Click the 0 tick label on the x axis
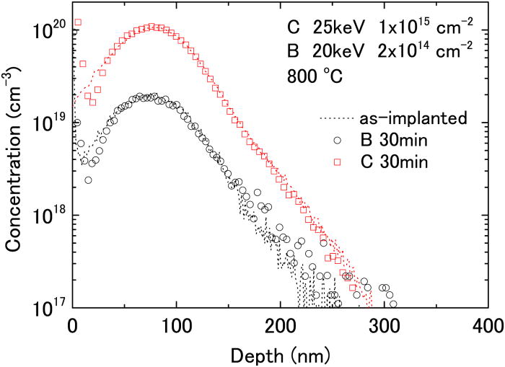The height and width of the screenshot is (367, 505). pyautogui.click(x=72, y=325)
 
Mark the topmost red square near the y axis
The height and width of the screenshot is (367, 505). pyautogui.click(x=77, y=22)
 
